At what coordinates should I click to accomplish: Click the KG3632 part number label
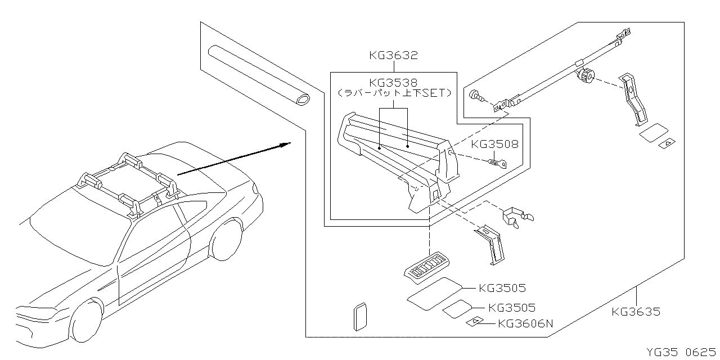click(x=394, y=56)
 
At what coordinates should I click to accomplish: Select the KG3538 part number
click(x=394, y=82)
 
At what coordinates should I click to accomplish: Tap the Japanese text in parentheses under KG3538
click(x=394, y=93)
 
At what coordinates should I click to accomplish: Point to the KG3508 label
click(x=494, y=145)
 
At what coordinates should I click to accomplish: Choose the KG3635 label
click(x=636, y=312)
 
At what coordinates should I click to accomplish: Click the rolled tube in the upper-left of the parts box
click(x=258, y=75)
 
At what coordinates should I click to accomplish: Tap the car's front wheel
click(x=86, y=320)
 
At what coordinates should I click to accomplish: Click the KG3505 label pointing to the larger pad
click(x=502, y=289)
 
